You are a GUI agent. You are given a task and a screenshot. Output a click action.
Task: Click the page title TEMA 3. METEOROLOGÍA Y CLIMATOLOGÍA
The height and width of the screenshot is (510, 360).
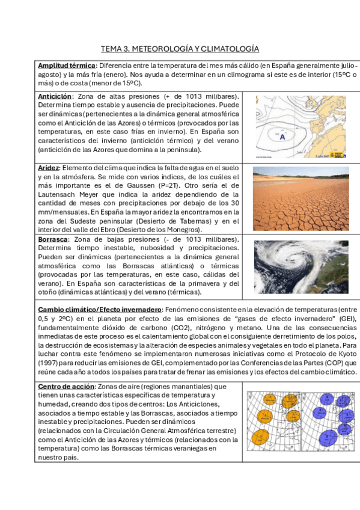pyautogui.click(x=180, y=48)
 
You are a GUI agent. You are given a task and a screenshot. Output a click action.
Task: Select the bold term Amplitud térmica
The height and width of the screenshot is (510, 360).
pyautogui.click(x=67, y=65)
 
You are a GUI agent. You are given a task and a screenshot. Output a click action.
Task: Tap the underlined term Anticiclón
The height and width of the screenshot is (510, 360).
pyautogui.click(x=55, y=96)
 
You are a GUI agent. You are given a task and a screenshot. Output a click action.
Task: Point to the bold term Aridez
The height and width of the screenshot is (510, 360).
pyautogui.click(x=48, y=168)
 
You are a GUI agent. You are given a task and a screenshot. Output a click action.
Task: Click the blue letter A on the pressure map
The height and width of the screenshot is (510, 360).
pyautogui.click(x=282, y=137)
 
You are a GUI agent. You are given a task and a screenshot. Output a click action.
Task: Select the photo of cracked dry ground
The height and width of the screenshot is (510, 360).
pyautogui.click(x=301, y=198)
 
